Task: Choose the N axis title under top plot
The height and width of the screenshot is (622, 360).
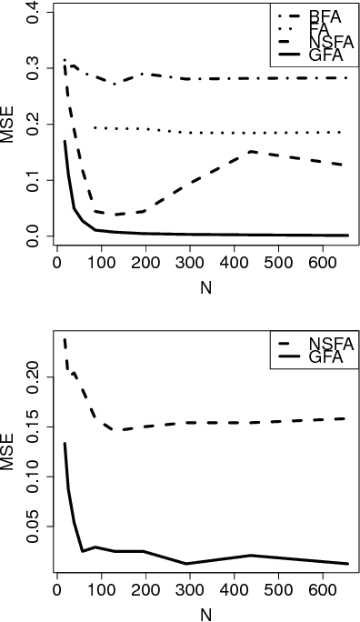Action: (x=199, y=283)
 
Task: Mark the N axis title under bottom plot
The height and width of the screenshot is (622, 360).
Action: (x=199, y=612)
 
